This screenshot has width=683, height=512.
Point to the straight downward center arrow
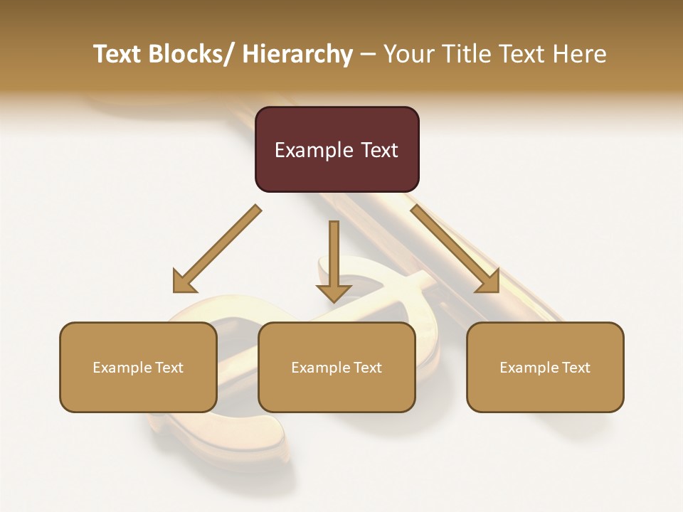[334, 260]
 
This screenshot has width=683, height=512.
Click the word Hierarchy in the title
[297, 54]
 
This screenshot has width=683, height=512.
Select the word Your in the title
[406, 54]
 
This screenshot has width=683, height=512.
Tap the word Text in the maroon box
[379, 150]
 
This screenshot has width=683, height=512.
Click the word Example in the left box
[122, 368]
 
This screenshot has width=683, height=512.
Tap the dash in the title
[369, 54]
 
